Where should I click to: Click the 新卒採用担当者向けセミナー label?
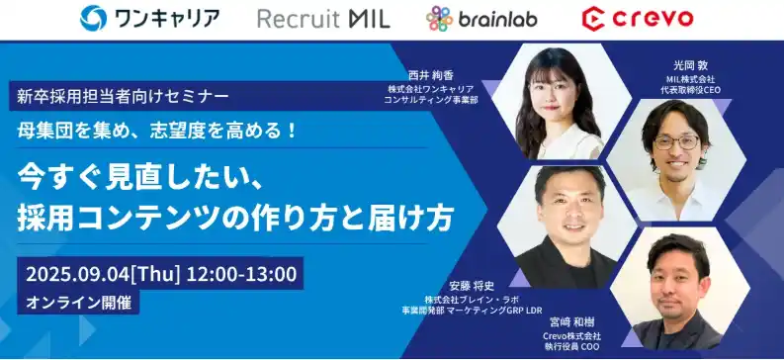pyautogui.click(x=124, y=96)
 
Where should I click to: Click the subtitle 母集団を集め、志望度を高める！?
pyautogui.click(x=157, y=130)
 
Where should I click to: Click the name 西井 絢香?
pyautogui.click(x=428, y=75)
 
